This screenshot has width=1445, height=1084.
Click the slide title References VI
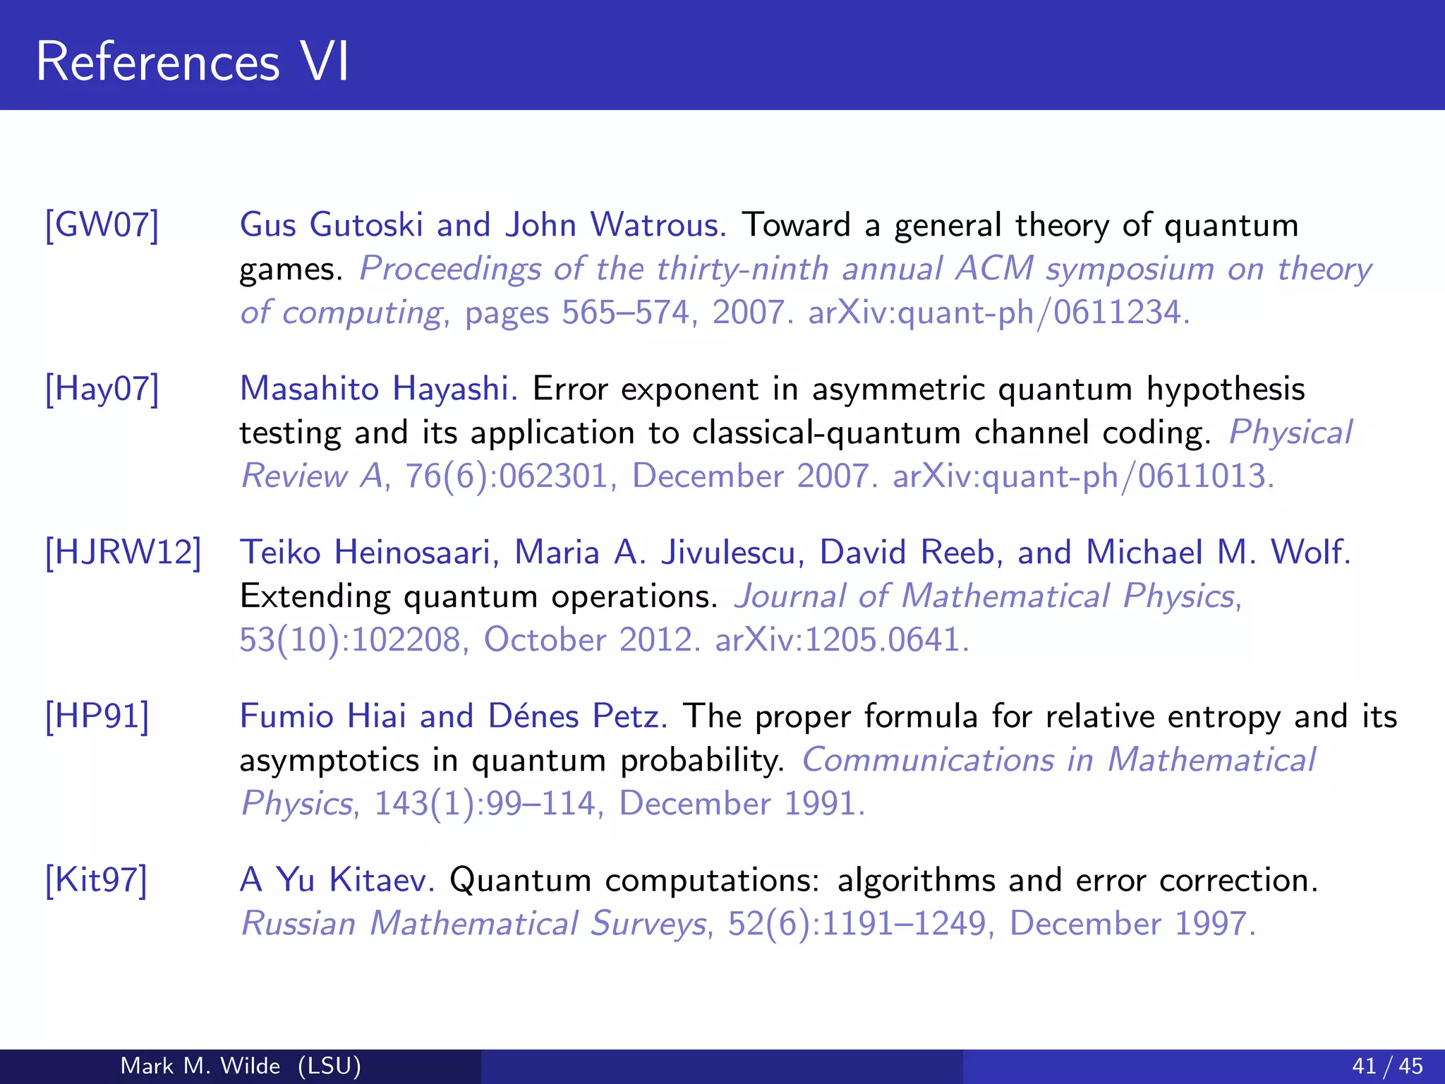tap(192, 62)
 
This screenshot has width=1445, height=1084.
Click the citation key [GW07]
tap(102, 225)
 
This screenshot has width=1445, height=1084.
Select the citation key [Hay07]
tap(102, 389)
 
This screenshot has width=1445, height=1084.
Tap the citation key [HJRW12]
tap(123, 553)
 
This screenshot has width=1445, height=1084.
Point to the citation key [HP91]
tap(97, 716)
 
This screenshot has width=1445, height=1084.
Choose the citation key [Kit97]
tap(97, 880)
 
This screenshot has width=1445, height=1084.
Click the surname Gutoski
tap(366, 225)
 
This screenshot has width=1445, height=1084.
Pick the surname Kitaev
tap(382, 880)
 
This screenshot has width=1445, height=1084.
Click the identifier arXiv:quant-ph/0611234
tap(998, 313)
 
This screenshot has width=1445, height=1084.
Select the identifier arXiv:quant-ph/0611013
tap(1083, 476)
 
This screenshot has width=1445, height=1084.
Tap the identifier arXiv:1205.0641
tap(842, 640)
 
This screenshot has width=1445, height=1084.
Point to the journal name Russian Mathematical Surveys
tap(473, 924)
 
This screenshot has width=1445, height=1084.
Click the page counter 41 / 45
tap(1387, 1066)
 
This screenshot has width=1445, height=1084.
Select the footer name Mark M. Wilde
tap(200, 1066)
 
